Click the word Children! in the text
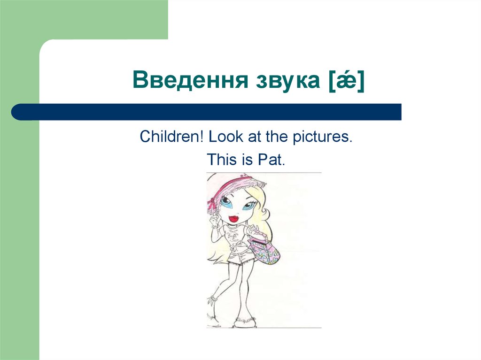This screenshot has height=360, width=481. (171, 137)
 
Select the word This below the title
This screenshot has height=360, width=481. (221, 160)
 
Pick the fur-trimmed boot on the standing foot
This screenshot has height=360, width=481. (244, 321)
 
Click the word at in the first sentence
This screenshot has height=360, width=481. (253, 137)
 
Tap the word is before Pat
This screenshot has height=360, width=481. (247, 160)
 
